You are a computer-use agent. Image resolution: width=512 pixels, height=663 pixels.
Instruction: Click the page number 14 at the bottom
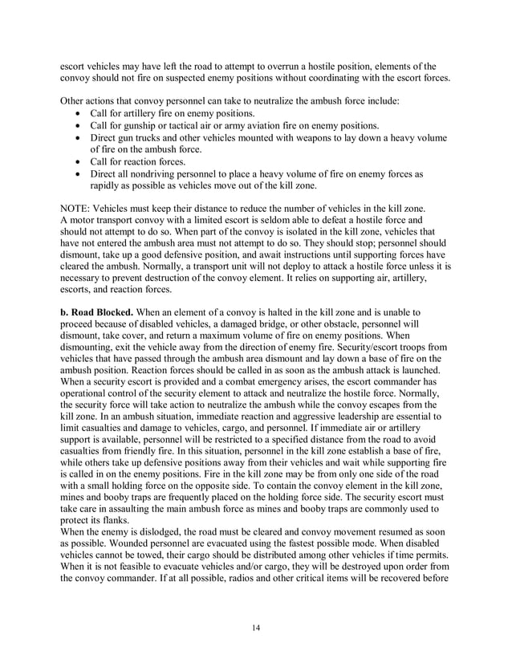[256, 627]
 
